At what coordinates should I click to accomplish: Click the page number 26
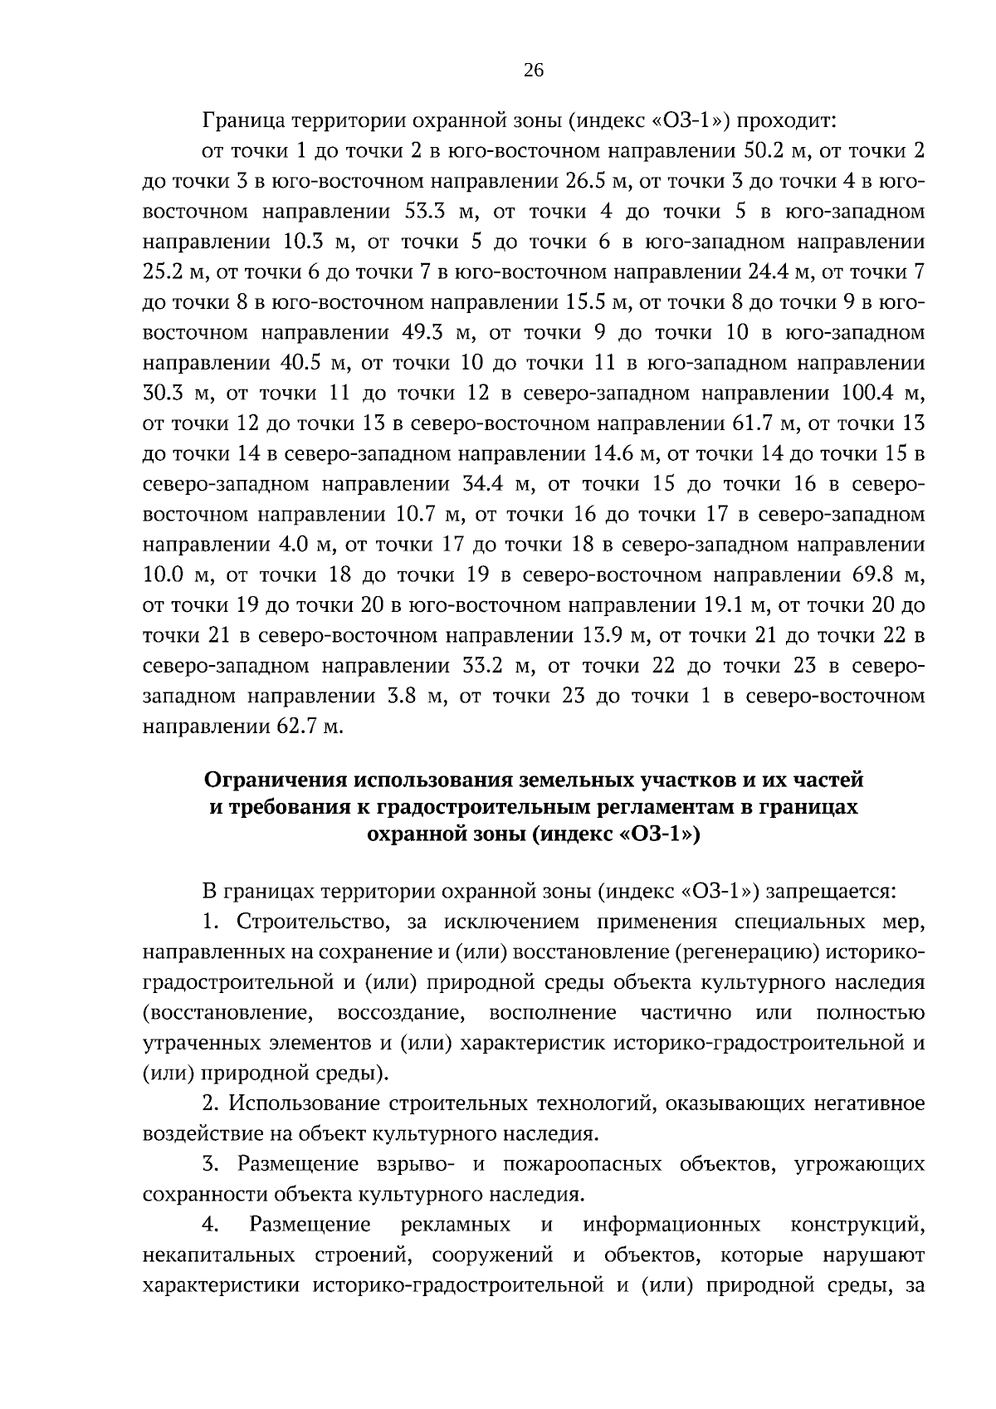(534, 71)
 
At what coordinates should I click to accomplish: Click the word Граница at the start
(241, 121)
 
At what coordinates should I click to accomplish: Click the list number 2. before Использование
(211, 1103)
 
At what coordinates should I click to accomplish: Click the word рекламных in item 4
(455, 1225)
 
